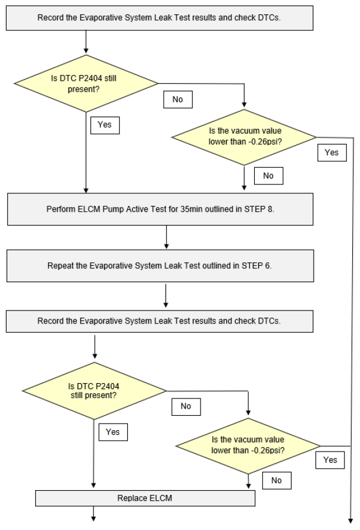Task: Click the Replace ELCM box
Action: (145, 498)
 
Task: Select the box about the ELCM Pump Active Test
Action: (160, 209)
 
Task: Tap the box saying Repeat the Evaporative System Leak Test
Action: (160, 266)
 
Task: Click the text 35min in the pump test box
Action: (190, 209)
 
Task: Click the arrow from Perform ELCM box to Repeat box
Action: (166, 237)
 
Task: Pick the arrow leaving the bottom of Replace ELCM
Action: (93, 513)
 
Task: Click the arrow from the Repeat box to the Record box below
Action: (165, 296)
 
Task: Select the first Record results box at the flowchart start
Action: (159, 18)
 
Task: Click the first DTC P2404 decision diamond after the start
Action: (86, 83)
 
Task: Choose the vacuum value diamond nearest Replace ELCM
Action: (248, 446)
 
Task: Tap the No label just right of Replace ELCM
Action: (277, 480)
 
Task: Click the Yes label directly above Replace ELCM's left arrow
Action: (113, 432)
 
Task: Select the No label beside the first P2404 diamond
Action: (178, 99)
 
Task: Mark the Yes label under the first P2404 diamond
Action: (105, 125)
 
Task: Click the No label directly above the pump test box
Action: (268, 175)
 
